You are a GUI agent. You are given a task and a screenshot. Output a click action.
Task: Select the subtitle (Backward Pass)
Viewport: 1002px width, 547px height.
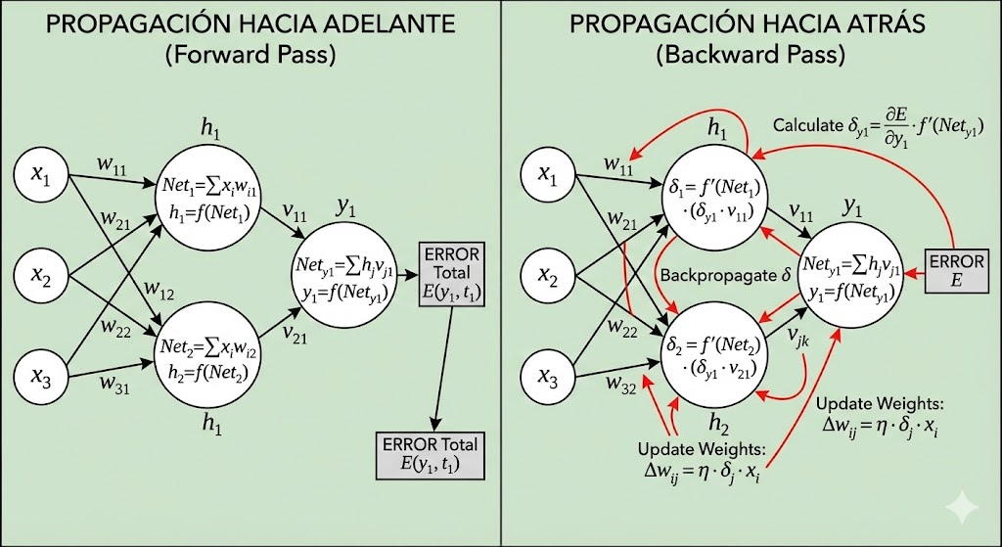click(x=751, y=56)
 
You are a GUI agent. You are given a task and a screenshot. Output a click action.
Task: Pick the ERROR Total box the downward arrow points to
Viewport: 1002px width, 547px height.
click(x=431, y=453)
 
